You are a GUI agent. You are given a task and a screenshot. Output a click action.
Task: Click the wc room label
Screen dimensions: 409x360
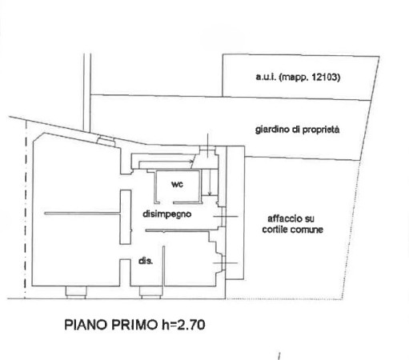coord(177,184)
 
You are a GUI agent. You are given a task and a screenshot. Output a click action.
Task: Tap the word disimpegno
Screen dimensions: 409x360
coord(167,214)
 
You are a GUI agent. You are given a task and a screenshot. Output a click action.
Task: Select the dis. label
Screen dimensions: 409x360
coord(146,261)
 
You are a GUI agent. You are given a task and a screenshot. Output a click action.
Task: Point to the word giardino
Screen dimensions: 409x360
coord(272,130)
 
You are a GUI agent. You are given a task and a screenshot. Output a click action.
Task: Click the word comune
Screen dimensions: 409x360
coord(307,230)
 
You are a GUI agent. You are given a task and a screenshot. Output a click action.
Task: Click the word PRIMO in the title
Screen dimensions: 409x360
coord(134,325)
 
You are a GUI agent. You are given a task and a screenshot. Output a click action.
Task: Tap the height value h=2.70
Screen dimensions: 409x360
coord(183,325)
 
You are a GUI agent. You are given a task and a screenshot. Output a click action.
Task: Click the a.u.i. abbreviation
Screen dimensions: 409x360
coord(266,77)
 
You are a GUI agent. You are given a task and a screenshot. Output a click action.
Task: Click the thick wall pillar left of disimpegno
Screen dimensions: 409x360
coord(126,217)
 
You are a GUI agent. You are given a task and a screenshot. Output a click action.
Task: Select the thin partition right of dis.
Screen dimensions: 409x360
coord(164,266)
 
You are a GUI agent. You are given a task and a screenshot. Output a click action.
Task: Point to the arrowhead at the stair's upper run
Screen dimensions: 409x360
coord(191,161)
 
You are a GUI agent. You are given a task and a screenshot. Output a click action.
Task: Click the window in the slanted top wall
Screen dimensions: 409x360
coord(106,141)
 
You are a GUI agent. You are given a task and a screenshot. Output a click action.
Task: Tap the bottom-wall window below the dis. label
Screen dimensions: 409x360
coord(150,292)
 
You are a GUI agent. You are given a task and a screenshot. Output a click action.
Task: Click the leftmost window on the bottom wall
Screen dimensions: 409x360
coord(76,292)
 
